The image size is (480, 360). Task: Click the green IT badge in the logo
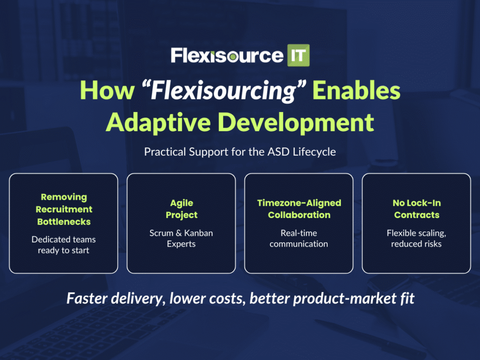coord(298,55)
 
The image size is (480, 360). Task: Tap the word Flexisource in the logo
coord(227,55)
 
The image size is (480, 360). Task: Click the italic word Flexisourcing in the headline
coord(224,91)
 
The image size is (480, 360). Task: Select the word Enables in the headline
coord(356,90)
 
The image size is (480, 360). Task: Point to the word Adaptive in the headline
coord(158,123)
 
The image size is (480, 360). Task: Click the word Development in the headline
coord(296,123)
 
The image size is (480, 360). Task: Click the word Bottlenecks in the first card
coord(64,222)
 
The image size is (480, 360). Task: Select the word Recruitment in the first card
coord(64,210)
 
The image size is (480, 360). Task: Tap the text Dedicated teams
coord(64,239)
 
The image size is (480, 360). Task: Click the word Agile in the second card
coord(181,203)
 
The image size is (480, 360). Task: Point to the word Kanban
coord(198,233)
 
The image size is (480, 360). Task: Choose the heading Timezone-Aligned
coord(299,203)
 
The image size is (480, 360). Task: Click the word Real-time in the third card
coord(299,233)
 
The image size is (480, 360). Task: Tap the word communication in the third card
coord(299,244)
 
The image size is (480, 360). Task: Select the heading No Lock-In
coord(417,203)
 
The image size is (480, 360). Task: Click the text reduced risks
coord(416,244)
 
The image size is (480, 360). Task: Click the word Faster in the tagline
coord(87,298)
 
